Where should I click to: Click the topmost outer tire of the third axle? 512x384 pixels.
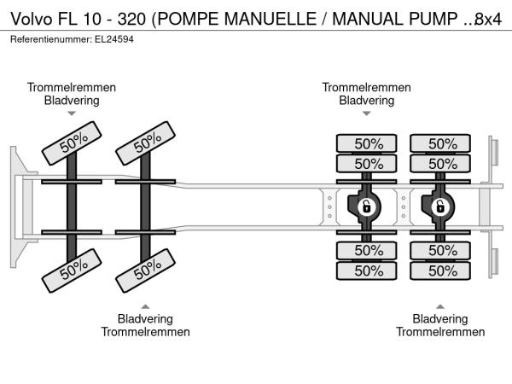coord(368,144)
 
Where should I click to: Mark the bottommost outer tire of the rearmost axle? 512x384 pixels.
coord(442,271)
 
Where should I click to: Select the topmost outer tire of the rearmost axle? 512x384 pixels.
coord(442,144)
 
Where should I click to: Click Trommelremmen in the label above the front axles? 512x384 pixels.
coord(72,88)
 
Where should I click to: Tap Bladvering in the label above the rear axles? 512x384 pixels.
coord(367,100)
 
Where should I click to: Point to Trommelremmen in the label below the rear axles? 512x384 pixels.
coord(440,331)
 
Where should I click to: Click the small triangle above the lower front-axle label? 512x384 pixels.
coord(145,306)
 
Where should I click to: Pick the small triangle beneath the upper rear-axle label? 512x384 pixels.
coord(367,113)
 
